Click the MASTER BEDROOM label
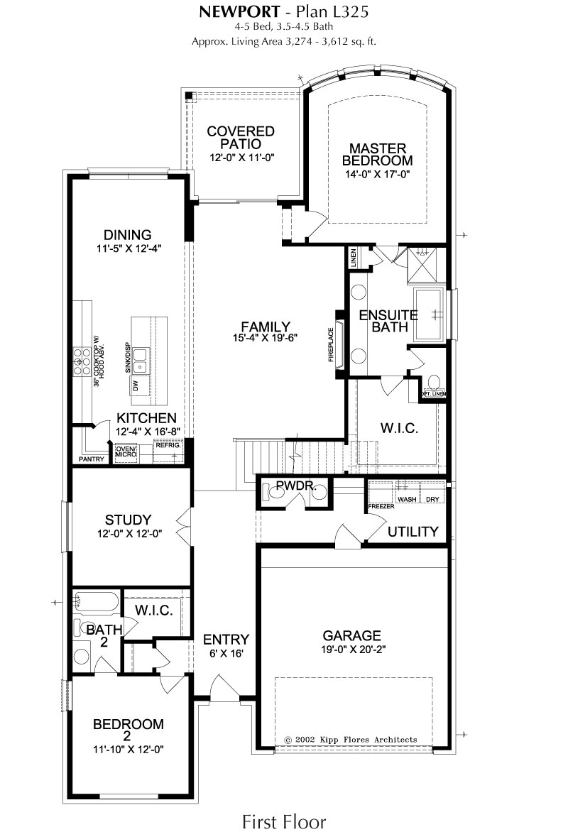click(x=378, y=155)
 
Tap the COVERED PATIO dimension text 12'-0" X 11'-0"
click(x=241, y=158)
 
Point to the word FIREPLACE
click(x=332, y=345)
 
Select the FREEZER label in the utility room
click(x=381, y=506)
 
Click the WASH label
click(x=407, y=499)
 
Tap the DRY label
click(x=432, y=499)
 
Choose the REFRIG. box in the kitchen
click(x=168, y=449)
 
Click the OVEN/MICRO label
click(x=126, y=451)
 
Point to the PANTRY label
click(x=92, y=459)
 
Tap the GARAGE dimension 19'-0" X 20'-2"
click(x=351, y=650)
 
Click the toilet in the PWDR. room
click(x=273, y=493)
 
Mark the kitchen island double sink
click(x=140, y=361)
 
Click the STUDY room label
click(x=128, y=520)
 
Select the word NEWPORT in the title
click(x=239, y=11)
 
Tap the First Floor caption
click(x=284, y=821)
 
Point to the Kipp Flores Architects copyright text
click(x=351, y=740)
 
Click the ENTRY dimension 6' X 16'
click(x=226, y=654)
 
